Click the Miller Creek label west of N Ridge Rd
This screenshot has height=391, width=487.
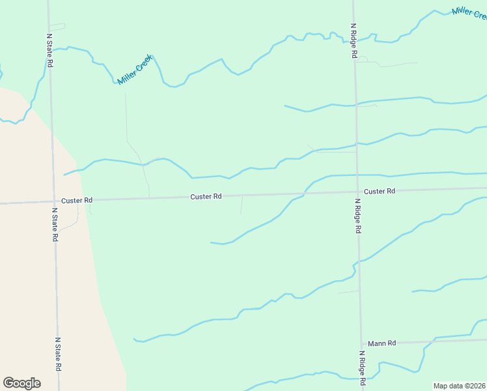point(135,70)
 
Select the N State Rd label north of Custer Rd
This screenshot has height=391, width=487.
point(49,51)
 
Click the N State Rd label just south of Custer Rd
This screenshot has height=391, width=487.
point(55,225)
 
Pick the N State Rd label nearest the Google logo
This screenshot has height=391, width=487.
point(58,354)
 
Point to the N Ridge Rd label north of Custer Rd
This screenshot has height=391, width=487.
point(354,41)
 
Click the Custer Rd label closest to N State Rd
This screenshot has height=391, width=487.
point(77,200)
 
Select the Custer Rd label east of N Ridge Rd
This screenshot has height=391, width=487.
point(380,191)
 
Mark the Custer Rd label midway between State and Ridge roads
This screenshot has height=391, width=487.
point(206,196)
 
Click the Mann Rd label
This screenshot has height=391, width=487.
point(382,343)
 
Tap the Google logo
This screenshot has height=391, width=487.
point(21,383)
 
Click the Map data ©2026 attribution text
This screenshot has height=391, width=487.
point(459,385)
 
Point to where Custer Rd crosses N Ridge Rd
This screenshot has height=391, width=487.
point(357,192)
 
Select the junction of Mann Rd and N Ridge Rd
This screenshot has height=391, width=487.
point(361,343)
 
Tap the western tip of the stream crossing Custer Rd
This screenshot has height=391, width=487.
point(211,242)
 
